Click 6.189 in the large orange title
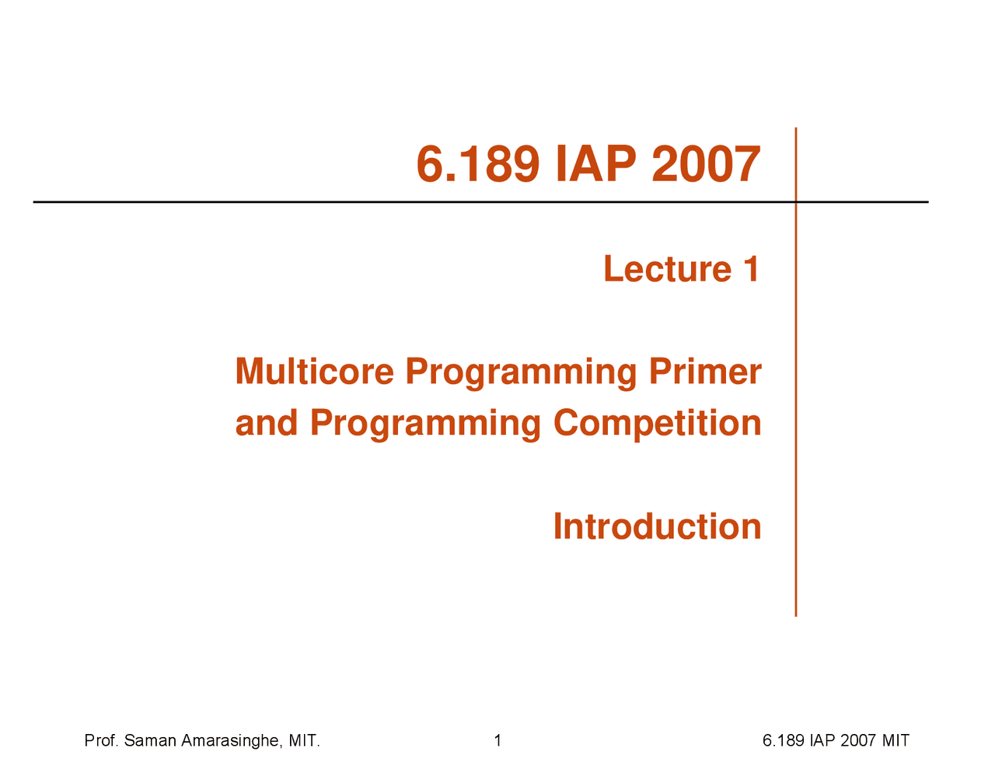pos(477,165)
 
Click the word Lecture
pos(667,269)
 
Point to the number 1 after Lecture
pos(751,269)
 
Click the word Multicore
pos(314,371)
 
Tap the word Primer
pos(705,371)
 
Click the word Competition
pos(657,423)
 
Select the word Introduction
pos(657,526)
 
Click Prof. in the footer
pos(101,741)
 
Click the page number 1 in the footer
pos(497,741)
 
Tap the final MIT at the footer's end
pos(895,741)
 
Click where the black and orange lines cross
pos(796,202)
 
